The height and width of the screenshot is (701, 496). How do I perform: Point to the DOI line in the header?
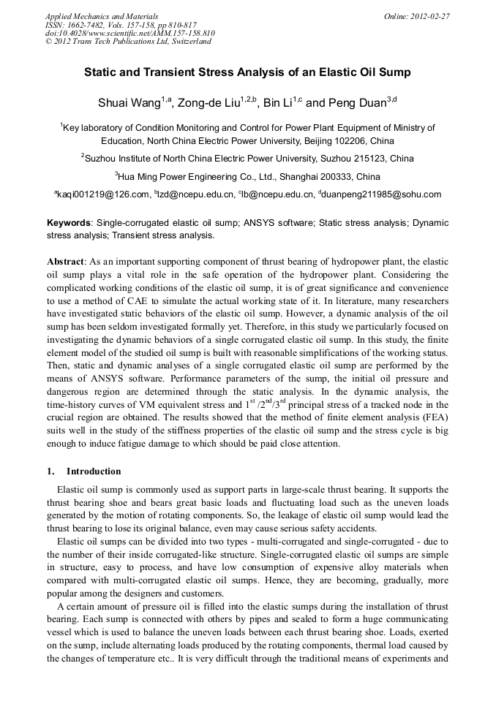pos(130,33)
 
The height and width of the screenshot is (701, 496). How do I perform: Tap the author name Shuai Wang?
pos(129,102)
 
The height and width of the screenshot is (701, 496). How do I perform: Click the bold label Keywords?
pos(69,222)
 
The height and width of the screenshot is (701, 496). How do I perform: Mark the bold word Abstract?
pos(66,261)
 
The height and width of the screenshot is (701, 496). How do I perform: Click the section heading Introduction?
pos(93,471)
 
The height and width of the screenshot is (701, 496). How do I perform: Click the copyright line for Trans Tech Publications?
pos(128,42)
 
